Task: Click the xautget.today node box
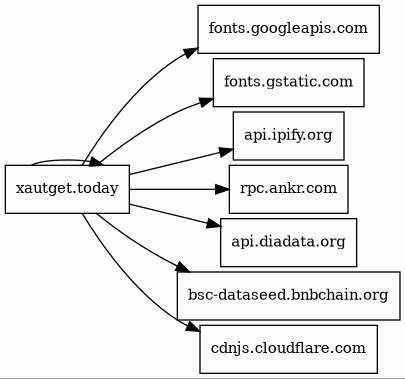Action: pos(67,189)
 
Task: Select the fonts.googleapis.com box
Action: pos(288,29)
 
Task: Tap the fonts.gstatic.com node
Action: pos(288,82)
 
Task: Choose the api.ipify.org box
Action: pos(288,136)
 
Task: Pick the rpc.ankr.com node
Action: pos(288,189)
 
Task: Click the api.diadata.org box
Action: pos(288,242)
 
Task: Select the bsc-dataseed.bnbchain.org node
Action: pos(288,296)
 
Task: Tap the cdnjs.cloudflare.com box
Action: pos(288,349)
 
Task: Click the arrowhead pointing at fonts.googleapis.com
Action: pos(191,53)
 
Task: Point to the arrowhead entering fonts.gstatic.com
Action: pos(206,101)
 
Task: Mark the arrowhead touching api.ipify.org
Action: pos(226,152)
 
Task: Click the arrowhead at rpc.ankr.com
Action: pos(222,189)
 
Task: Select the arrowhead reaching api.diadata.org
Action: pos(213,224)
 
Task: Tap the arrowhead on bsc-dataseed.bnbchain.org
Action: pos(183,267)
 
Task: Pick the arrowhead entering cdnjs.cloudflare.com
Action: pos(193,326)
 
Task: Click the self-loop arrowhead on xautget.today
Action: pos(96,162)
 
